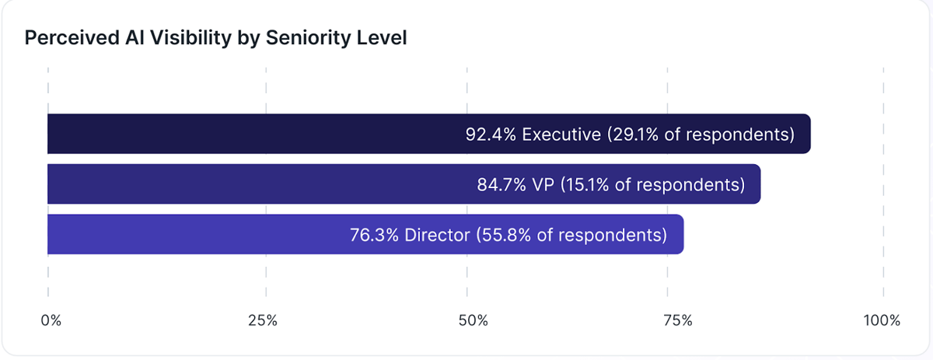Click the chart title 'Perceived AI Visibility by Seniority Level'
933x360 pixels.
point(216,38)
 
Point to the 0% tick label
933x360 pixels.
point(51,320)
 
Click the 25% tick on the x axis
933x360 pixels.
point(263,320)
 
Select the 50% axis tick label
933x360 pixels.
point(473,320)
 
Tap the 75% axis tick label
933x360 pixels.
point(676,320)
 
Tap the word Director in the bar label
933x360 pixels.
point(436,235)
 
